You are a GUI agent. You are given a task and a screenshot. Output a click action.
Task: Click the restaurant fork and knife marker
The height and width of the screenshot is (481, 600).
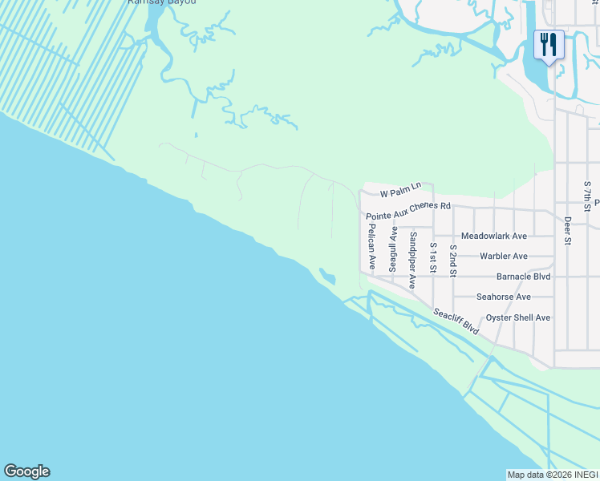549,44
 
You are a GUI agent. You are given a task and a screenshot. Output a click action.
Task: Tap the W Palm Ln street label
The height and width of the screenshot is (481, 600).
400,191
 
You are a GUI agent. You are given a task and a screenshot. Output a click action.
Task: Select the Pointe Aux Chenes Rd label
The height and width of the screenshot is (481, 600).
408,211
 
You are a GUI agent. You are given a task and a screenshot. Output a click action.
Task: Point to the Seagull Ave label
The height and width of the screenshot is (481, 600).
393,249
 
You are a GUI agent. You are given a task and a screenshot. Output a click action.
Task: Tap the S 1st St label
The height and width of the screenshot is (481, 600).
433,257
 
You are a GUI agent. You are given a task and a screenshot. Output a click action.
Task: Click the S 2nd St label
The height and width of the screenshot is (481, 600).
453,261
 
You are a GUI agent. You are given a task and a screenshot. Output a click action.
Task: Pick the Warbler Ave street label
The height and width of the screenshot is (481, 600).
503,257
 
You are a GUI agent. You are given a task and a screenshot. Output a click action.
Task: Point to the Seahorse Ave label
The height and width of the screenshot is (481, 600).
504,297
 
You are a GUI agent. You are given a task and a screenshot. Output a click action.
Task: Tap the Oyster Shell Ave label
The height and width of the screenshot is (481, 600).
518,317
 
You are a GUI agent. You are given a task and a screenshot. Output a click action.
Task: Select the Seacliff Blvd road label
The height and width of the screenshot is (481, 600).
456,321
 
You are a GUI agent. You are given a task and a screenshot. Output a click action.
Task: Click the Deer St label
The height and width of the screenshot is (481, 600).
567,230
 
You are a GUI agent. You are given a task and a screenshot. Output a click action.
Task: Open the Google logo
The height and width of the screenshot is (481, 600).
26,471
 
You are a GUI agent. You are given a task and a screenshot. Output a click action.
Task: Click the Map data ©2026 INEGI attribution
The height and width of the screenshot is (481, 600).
553,475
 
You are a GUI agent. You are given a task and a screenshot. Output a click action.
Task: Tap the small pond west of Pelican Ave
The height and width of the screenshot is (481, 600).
326,277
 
